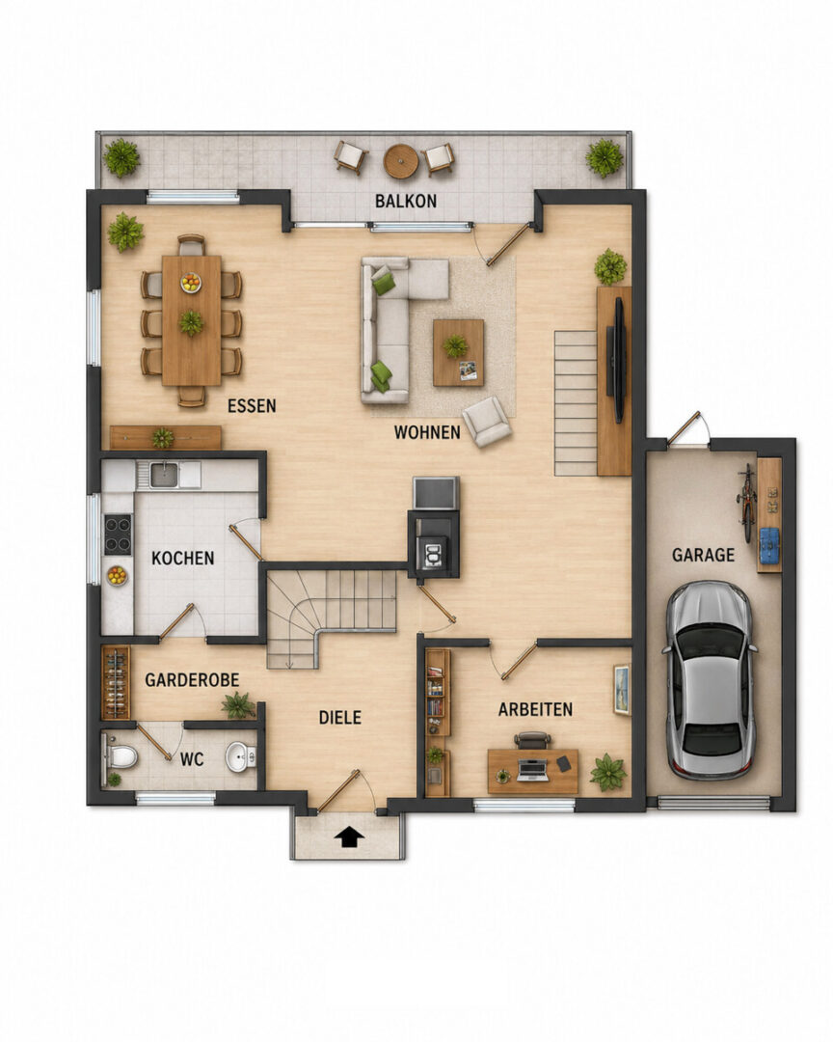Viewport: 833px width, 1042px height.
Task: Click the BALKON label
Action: coord(405,201)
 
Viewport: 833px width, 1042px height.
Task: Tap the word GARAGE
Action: coord(703,555)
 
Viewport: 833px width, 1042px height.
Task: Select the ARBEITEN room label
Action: coord(535,710)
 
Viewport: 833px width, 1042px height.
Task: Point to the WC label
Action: coord(191,759)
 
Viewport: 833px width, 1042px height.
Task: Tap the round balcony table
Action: coord(400,161)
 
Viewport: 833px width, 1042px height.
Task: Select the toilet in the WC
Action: coord(121,756)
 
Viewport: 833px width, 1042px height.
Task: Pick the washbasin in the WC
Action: coord(240,757)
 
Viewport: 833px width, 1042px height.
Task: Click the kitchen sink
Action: coord(163,475)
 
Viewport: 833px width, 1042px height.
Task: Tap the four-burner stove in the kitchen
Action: coord(118,535)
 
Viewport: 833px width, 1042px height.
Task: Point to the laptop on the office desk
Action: coord(532,769)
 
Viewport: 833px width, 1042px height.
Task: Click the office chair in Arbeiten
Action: coord(533,740)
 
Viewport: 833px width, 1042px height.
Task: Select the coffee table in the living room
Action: coord(458,352)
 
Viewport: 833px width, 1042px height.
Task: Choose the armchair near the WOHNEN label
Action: coord(487,422)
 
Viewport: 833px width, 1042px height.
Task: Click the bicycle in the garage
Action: coord(748,503)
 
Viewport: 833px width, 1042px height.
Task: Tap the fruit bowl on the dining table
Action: coord(191,283)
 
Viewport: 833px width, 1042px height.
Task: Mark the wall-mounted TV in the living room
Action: coord(618,360)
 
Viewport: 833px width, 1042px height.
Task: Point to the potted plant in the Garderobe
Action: coord(238,705)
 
